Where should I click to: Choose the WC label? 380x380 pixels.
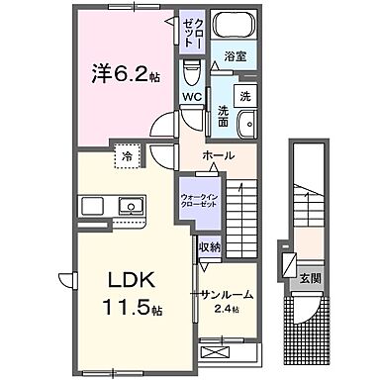[192, 98]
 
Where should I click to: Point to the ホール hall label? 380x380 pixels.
[217, 156]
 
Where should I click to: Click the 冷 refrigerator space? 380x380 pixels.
[128, 156]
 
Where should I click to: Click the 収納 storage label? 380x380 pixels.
[208, 247]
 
